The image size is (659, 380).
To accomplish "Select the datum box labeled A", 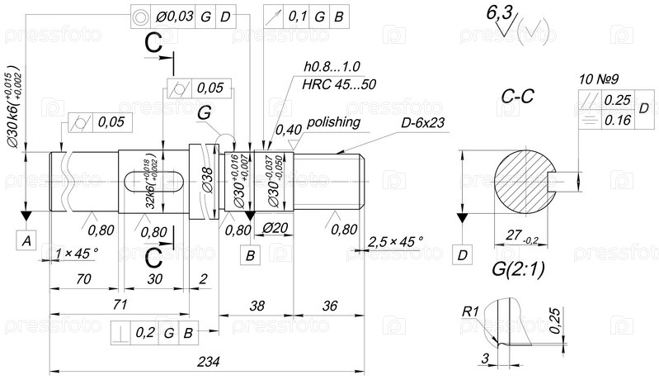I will (x=27, y=240).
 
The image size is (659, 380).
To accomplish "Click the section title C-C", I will (x=519, y=97).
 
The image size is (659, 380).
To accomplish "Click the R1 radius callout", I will (x=470, y=311).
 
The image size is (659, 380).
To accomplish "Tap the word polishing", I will (x=333, y=122).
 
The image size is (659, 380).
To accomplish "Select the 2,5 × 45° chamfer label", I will (x=395, y=240).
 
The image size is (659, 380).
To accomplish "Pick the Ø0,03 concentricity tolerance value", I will (x=174, y=17).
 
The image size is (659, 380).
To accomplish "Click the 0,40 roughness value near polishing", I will (x=287, y=129).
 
